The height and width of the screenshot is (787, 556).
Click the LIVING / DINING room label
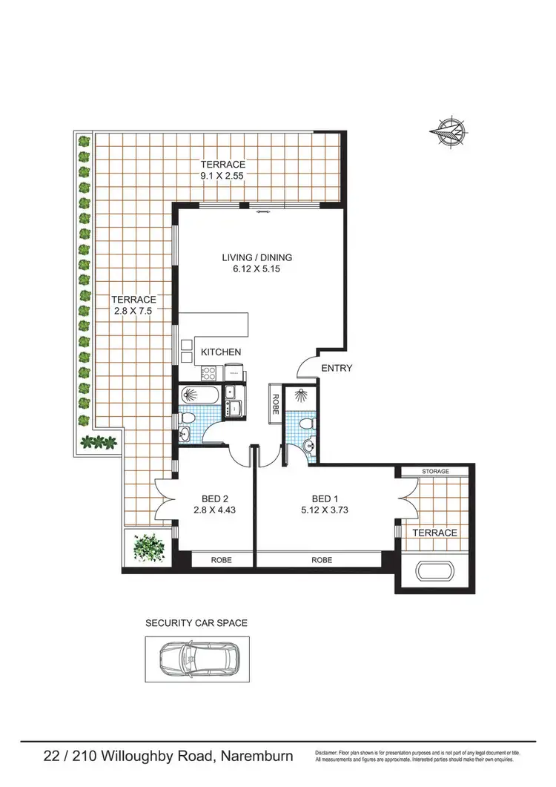tap(257, 257)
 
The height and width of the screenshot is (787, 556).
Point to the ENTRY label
tap(336, 368)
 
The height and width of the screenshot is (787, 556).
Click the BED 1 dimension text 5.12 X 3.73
tap(321, 510)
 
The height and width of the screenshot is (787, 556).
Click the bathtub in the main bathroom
tap(199, 394)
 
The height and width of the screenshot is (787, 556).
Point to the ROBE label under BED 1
tap(321, 561)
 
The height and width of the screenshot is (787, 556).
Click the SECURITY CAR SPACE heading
tap(196, 623)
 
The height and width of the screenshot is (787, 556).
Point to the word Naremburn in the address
tap(255, 757)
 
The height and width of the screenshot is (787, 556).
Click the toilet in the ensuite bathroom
tap(300, 424)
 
